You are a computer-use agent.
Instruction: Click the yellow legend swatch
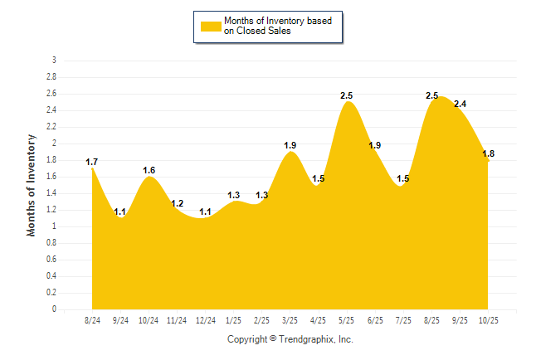pyautogui.click(x=211, y=26)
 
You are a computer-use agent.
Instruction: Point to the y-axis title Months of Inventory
pyautogui.click(x=32, y=185)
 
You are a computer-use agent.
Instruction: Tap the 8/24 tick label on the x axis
pyautogui.click(x=92, y=319)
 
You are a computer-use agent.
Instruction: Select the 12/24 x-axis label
pyautogui.click(x=205, y=319)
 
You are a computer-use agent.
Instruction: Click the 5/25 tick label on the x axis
pyautogui.click(x=347, y=319)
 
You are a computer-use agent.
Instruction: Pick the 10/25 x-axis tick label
pyautogui.click(x=488, y=319)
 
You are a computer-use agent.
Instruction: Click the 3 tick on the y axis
pyautogui.click(x=54, y=61)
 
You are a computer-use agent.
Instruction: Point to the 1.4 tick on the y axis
pyautogui.click(x=51, y=193)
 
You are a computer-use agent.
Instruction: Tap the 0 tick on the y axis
pyautogui.click(x=54, y=309)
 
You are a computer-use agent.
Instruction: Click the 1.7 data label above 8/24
pyautogui.click(x=92, y=162)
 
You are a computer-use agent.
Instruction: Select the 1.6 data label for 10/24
pyautogui.click(x=149, y=170)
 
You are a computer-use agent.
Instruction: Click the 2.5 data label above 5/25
pyautogui.click(x=347, y=95)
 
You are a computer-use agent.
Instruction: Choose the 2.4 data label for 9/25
pyautogui.click(x=460, y=104)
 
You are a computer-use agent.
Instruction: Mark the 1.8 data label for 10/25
pyautogui.click(x=488, y=153)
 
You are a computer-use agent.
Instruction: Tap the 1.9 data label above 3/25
pyautogui.click(x=290, y=145)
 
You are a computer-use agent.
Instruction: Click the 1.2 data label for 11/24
pyautogui.click(x=177, y=203)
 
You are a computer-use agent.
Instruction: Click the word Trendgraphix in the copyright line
pyautogui.click(x=306, y=339)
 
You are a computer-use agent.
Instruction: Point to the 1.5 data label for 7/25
pyautogui.click(x=403, y=178)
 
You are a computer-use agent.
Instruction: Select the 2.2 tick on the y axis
pyautogui.click(x=51, y=127)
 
